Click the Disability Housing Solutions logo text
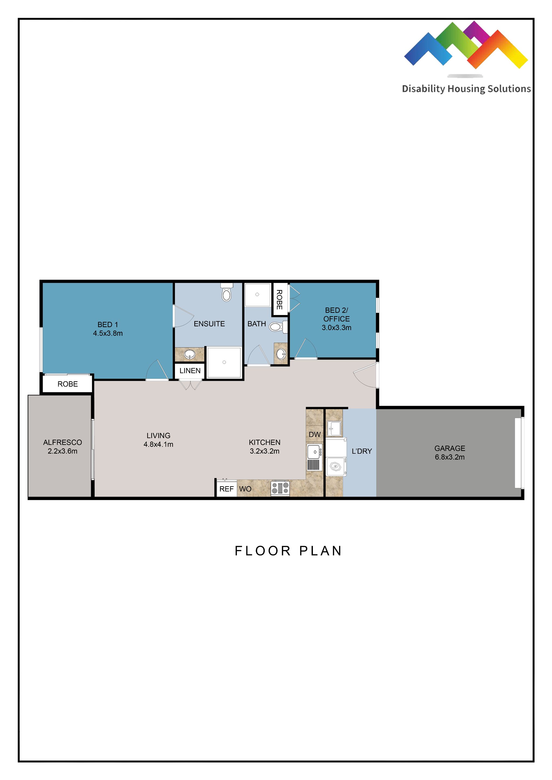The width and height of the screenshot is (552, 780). tap(466, 89)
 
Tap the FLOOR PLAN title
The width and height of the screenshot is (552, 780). tap(288, 551)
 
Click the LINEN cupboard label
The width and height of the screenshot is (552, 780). tap(190, 371)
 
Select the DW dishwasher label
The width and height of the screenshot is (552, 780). tap(315, 435)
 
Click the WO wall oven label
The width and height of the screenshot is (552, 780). tap(245, 489)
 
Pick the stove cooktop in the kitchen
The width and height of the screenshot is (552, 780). tap(280, 488)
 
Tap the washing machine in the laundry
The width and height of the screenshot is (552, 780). tap(336, 467)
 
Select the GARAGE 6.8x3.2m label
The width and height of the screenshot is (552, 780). tap(450, 453)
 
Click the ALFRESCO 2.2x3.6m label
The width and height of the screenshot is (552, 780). tap(63, 447)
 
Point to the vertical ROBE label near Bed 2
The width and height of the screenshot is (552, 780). tap(279, 299)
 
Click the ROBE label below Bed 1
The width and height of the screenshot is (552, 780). tap(67, 384)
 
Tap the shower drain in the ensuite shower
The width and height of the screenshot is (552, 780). tap(224, 362)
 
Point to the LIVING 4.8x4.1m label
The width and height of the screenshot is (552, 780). tap(158, 440)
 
